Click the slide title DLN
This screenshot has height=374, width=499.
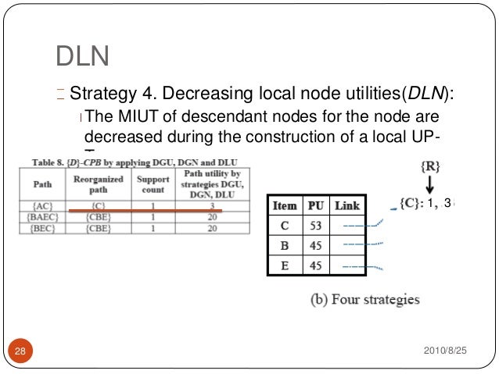(x=82, y=56)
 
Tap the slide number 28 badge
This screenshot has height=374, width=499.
(x=20, y=352)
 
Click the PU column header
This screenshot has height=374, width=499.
(x=316, y=205)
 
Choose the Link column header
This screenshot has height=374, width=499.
(x=346, y=205)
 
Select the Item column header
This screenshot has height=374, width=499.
(x=284, y=205)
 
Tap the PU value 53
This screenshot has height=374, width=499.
(x=316, y=226)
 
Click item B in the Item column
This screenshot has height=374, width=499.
(x=284, y=245)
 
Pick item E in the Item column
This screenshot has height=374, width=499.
(x=284, y=265)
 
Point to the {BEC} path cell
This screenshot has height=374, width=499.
(x=43, y=228)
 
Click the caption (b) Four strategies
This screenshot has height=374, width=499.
(x=362, y=298)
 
